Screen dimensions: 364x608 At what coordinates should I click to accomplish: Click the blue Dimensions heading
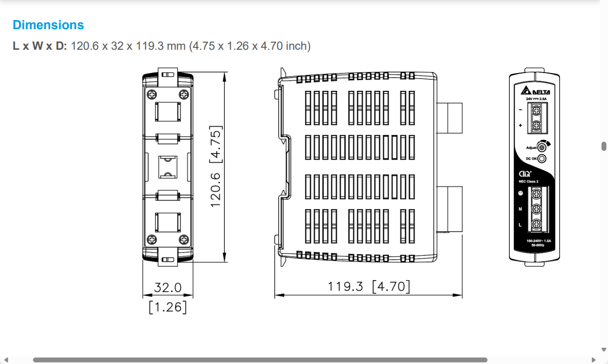48,25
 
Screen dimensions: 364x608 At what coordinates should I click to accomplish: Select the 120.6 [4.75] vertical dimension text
216,167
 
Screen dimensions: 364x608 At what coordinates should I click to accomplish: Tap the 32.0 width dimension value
168,287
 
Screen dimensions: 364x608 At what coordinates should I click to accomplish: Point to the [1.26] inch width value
168,307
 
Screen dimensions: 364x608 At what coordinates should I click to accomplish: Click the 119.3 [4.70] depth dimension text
369,286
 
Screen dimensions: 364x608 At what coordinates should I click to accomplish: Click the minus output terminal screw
537,110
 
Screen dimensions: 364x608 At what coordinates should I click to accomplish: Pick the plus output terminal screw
537,126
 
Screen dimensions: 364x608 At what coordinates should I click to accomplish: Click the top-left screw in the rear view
151,94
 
